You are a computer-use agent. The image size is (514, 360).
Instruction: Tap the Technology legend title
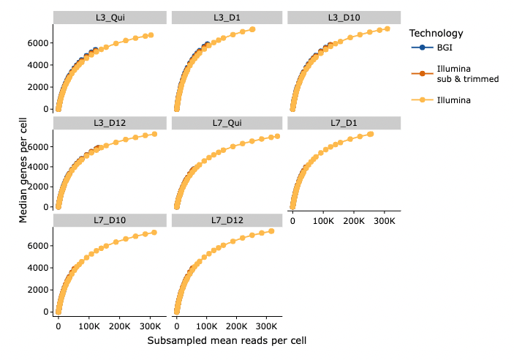[436, 33]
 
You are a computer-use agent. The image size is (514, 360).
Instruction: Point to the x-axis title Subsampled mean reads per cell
[226, 341]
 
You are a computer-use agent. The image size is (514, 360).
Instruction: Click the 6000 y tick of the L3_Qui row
[39, 42]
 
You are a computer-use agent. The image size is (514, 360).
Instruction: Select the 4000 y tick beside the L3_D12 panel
[39, 167]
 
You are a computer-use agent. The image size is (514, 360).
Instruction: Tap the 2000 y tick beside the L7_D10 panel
[39, 290]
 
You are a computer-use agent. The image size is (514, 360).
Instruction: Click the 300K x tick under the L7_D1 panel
[385, 220]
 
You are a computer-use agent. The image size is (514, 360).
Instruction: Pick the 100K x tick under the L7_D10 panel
[88, 325]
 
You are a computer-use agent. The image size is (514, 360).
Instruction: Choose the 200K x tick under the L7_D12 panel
[236, 325]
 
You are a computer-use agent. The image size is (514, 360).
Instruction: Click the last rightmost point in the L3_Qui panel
[151, 35]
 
